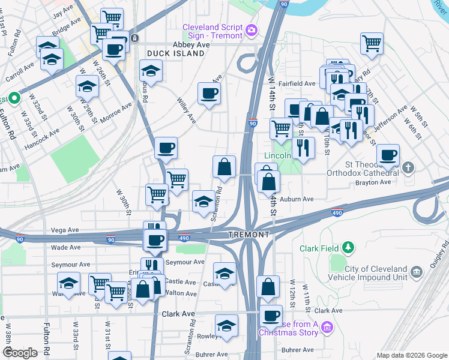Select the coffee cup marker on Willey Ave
[x=209, y=94]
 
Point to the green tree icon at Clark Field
[x=347, y=247]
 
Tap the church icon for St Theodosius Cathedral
[x=408, y=167]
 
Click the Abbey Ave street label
[x=191, y=45]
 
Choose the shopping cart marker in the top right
[x=372, y=43]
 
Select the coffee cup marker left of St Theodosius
[x=388, y=155]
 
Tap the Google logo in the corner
[x=20, y=353]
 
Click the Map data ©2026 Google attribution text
[x=411, y=355]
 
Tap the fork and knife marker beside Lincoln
[x=304, y=148]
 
